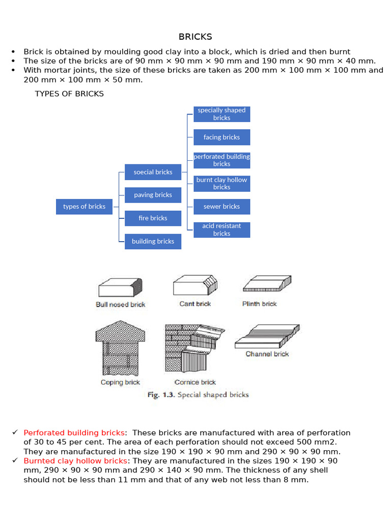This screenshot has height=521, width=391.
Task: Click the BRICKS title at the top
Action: point(195,37)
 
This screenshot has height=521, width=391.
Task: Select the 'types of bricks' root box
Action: point(84,207)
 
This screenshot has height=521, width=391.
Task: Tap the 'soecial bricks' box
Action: point(153,172)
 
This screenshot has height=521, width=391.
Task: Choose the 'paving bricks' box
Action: point(153,195)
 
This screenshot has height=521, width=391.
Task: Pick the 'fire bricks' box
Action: point(153,218)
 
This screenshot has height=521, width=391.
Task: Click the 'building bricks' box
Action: point(153,241)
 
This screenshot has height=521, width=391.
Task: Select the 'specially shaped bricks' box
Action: point(221,114)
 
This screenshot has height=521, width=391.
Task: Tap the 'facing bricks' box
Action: point(221,137)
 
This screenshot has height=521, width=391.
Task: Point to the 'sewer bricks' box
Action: point(221,207)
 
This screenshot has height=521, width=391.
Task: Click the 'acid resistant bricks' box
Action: point(221,229)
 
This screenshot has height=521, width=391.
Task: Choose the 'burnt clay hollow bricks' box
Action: point(221,183)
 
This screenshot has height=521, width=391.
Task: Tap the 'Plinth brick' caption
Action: point(260,304)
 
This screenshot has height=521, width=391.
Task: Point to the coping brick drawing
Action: point(120,349)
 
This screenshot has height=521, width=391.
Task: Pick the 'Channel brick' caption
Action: point(267,354)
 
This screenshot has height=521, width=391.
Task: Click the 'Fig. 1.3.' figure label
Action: point(160,395)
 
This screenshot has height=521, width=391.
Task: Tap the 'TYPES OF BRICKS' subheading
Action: point(69,94)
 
